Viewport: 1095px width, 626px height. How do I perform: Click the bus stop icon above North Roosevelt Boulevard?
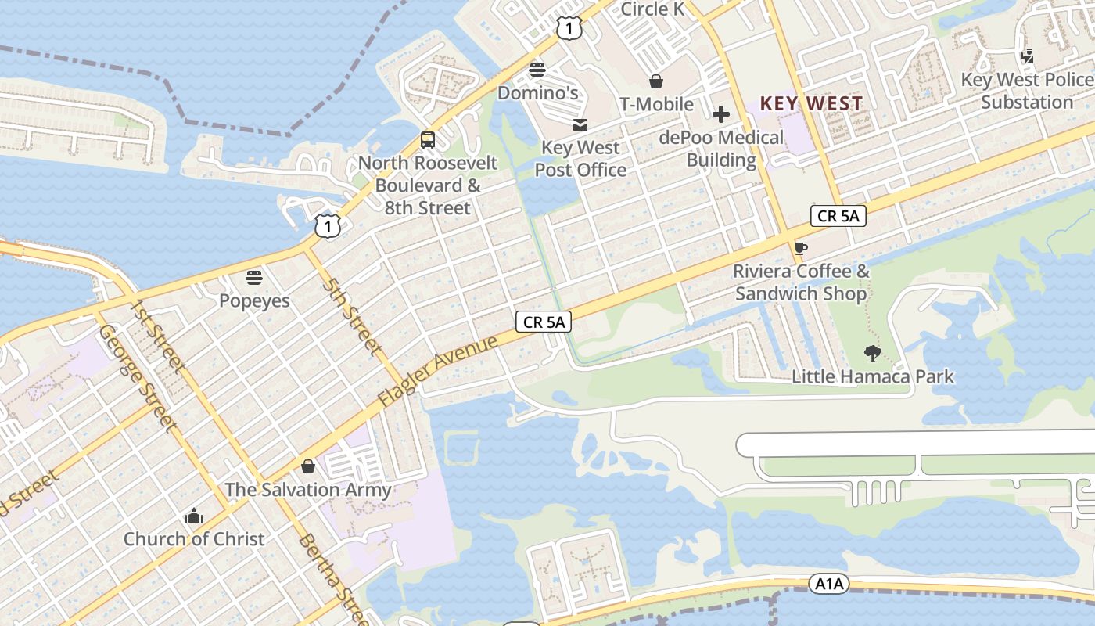click(x=427, y=140)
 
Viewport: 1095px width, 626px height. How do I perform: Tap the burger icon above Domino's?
click(x=537, y=69)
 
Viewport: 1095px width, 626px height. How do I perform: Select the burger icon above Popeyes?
click(x=254, y=277)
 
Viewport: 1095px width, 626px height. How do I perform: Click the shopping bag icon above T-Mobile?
click(x=656, y=81)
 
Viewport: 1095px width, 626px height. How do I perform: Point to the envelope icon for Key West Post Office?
click(x=580, y=124)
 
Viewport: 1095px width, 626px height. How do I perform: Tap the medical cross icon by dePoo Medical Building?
click(x=720, y=114)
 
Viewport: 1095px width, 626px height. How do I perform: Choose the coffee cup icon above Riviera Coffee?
click(x=800, y=248)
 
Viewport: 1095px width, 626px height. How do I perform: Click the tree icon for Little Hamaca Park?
click(x=873, y=354)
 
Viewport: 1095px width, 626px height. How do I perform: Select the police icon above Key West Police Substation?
click(x=1028, y=56)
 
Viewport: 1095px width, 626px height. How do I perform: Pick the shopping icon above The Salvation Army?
click(x=307, y=466)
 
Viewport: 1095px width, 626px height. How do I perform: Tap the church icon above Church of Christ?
click(x=194, y=516)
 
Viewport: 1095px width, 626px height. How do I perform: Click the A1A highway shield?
click(x=829, y=584)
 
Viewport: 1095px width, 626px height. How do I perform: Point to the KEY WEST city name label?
click(x=811, y=103)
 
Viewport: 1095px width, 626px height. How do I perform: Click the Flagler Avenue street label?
click(x=437, y=371)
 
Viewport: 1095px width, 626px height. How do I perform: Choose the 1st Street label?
click(x=159, y=335)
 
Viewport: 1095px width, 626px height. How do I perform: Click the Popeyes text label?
click(x=254, y=300)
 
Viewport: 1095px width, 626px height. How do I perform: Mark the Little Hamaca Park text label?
click(x=873, y=376)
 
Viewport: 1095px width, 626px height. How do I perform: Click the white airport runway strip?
click(x=915, y=444)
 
